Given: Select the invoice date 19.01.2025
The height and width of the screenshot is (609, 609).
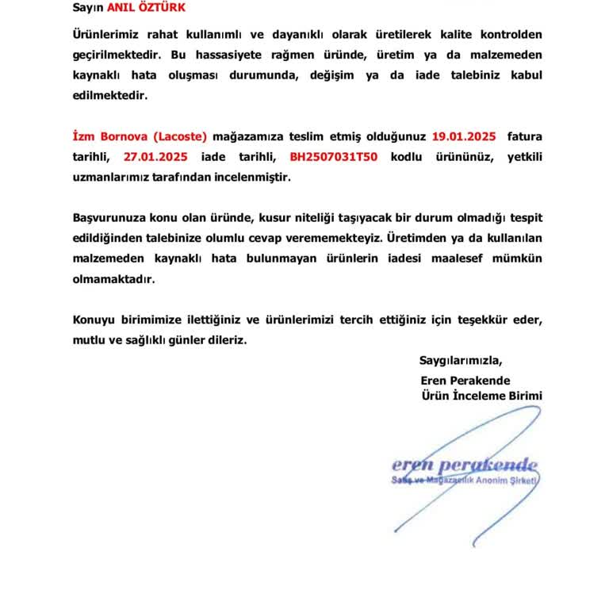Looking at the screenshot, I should (x=464, y=136).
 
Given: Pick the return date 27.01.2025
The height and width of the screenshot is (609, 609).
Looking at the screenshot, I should (x=155, y=156).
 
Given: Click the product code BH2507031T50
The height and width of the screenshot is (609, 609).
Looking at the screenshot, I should (x=333, y=156).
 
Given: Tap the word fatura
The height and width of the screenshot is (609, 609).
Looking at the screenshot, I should (x=524, y=136).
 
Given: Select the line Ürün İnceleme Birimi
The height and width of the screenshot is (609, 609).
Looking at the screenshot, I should (x=481, y=395).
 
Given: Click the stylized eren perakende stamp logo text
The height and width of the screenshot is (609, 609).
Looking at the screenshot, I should (x=464, y=465).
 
